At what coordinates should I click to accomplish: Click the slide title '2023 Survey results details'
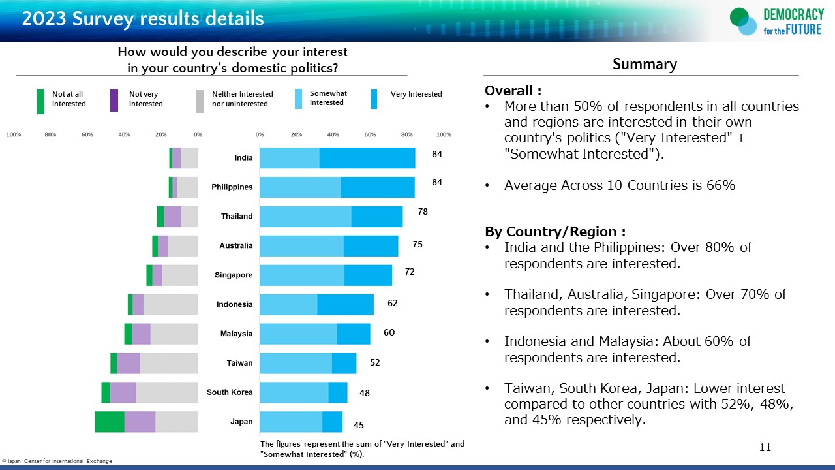143,18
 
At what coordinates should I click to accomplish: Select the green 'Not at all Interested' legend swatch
40,101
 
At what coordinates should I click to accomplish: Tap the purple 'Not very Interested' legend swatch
114,101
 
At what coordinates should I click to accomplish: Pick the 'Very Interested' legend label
416,94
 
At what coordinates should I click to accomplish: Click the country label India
243,158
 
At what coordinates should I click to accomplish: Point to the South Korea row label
230,392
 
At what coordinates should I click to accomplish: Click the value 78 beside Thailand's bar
423,211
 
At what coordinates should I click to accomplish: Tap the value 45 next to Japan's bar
359,425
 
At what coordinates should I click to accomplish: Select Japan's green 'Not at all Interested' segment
109,422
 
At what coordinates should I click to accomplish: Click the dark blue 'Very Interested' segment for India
367,158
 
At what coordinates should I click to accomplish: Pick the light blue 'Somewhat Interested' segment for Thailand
305,216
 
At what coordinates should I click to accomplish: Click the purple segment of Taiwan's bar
128,363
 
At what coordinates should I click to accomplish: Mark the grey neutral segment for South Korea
167,392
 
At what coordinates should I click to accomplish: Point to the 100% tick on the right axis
444,134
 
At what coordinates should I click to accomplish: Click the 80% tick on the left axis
50,134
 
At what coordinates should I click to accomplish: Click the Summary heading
645,64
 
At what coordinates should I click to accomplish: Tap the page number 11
765,447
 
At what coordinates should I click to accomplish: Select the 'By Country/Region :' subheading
555,232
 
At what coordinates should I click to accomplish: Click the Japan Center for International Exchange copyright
57,461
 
